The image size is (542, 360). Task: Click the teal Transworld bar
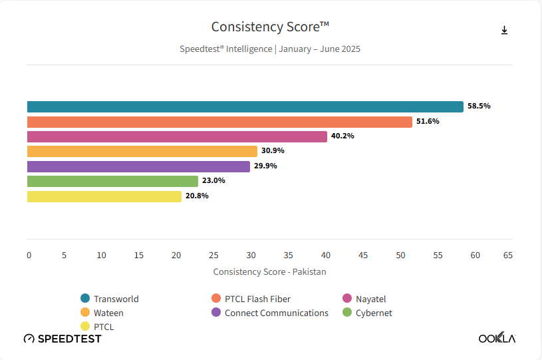[x=245, y=106]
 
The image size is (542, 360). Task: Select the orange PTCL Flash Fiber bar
[x=219, y=122]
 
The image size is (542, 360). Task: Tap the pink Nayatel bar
[x=177, y=136]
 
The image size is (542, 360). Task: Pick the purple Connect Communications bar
[x=138, y=166]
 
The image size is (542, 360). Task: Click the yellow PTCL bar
[x=104, y=196]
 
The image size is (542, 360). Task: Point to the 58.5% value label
[x=479, y=106]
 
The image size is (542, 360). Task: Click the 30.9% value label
[x=273, y=151]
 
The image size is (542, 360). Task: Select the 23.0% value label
[x=213, y=181]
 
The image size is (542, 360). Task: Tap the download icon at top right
[x=504, y=30]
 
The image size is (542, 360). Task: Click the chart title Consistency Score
[x=270, y=27]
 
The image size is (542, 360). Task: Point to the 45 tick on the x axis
[x=363, y=255]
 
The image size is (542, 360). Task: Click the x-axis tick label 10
[x=101, y=255]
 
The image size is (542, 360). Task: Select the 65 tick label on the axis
[x=508, y=255]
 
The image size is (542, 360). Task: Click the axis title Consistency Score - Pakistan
[x=269, y=271]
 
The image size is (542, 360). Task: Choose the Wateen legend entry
[x=108, y=313]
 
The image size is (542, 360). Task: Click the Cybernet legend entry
[x=373, y=313]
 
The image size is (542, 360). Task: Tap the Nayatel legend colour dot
[x=346, y=299]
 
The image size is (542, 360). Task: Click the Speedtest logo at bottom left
[x=63, y=339]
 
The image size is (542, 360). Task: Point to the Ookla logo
[x=497, y=338]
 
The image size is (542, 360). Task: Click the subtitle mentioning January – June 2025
[x=270, y=49]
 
